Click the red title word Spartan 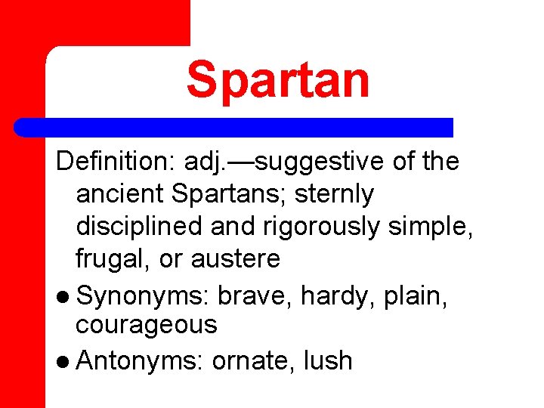[x=278, y=80]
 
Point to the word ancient [x=120, y=194]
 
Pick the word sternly [x=335, y=194]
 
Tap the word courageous [x=146, y=326]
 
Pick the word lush [x=327, y=360]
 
